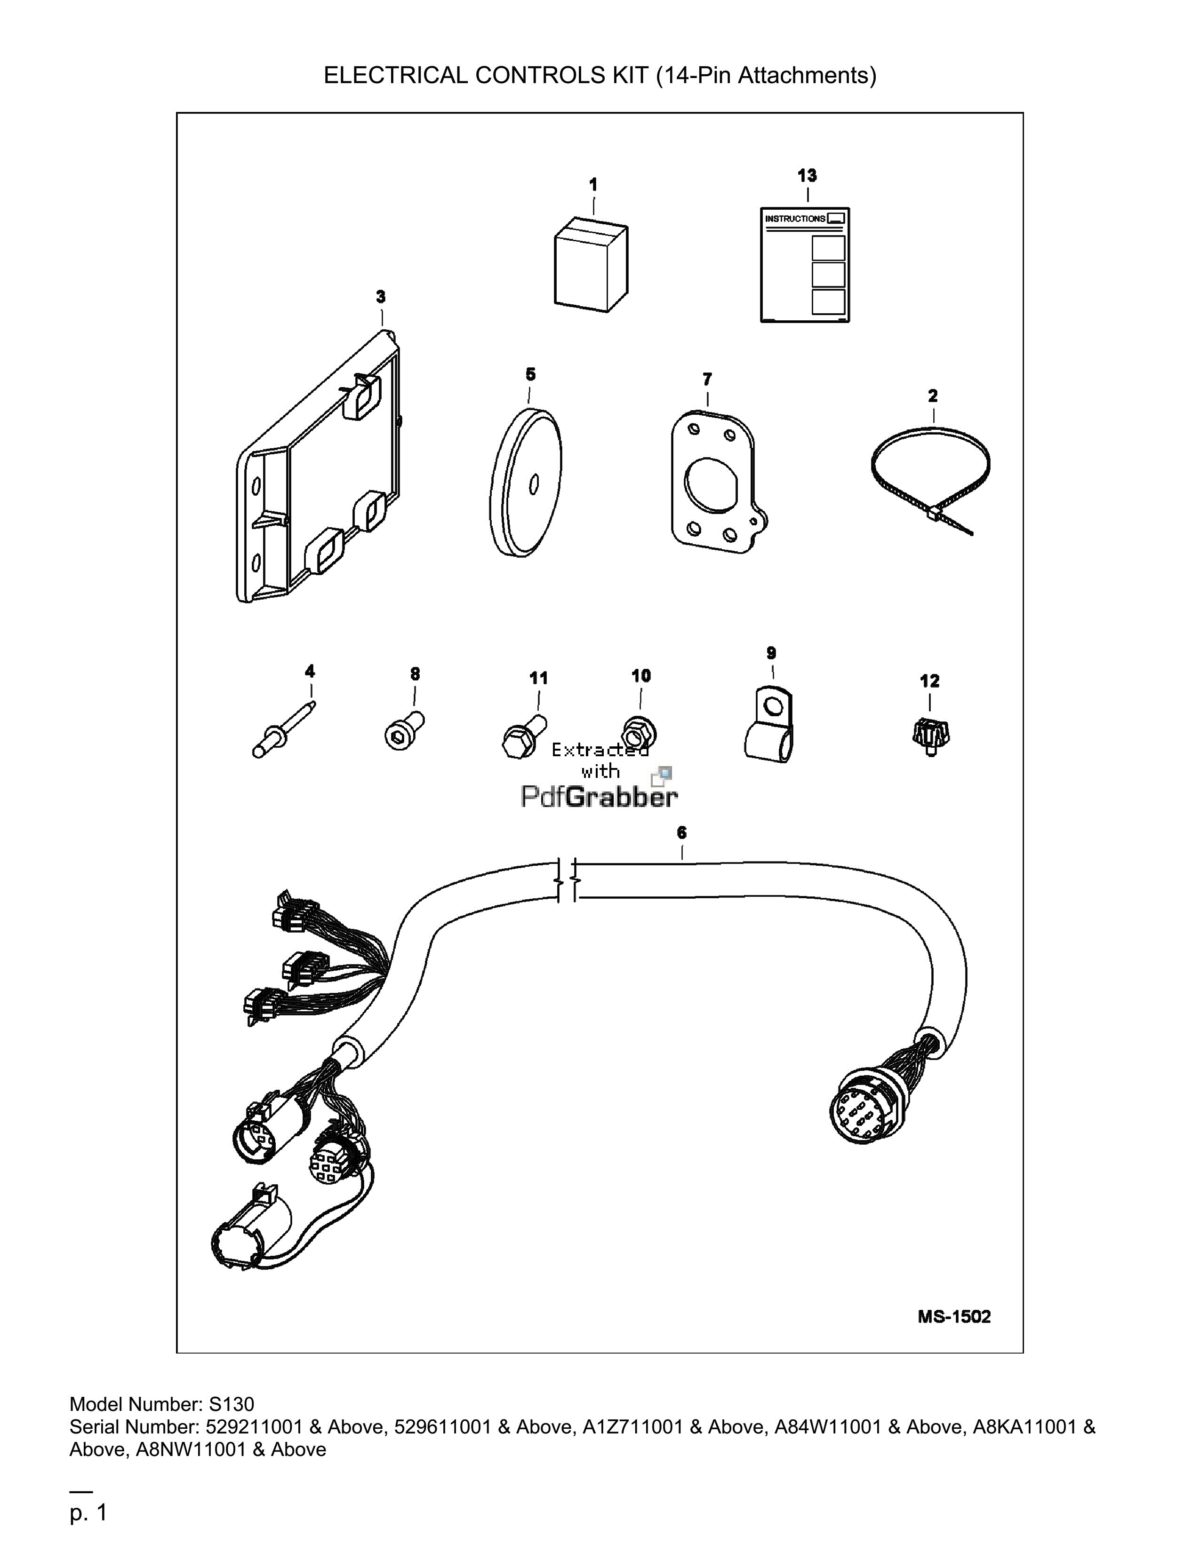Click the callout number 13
click(x=807, y=175)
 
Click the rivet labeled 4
click(x=283, y=730)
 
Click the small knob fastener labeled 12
click(x=930, y=735)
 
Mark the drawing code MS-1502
click(x=954, y=1316)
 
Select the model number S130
click(x=231, y=1404)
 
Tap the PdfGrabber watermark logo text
click(x=599, y=796)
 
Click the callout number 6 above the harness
click(x=682, y=832)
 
